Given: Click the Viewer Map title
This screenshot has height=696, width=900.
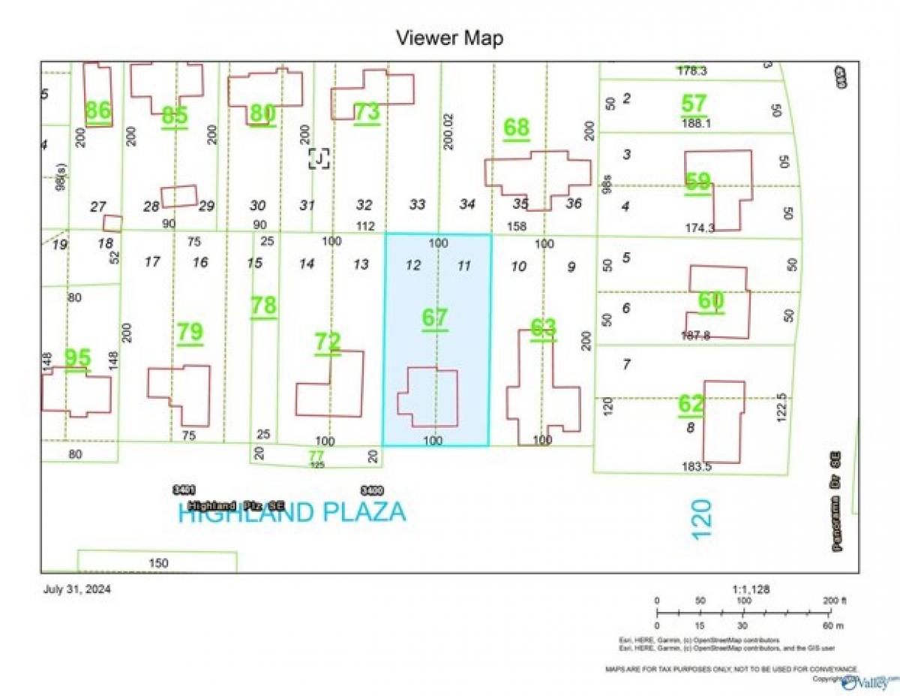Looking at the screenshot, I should [449, 38].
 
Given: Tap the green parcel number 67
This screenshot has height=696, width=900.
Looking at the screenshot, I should [434, 318].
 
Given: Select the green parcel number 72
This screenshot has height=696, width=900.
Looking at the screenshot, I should [328, 342].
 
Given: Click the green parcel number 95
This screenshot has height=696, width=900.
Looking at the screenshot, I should [77, 358].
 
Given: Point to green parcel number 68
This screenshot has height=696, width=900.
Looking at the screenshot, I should [516, 128].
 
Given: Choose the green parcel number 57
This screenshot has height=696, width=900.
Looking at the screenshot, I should [694, 104].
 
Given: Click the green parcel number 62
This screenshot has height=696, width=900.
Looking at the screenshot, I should [691, 404].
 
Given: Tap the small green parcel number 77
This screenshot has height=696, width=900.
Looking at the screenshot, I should [316, 455].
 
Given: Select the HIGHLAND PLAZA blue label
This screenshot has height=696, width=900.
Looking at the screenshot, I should [292, 513].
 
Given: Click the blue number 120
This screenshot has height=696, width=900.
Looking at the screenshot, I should [702, 519].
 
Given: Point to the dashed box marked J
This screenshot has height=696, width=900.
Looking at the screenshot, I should [319, 158].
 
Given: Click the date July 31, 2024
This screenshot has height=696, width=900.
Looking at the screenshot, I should [77, 589].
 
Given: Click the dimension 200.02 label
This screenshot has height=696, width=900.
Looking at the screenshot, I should [448, 131].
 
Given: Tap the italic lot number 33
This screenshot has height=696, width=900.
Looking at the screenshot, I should [417, 204].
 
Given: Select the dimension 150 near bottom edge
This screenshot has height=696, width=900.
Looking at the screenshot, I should [158, 563].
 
